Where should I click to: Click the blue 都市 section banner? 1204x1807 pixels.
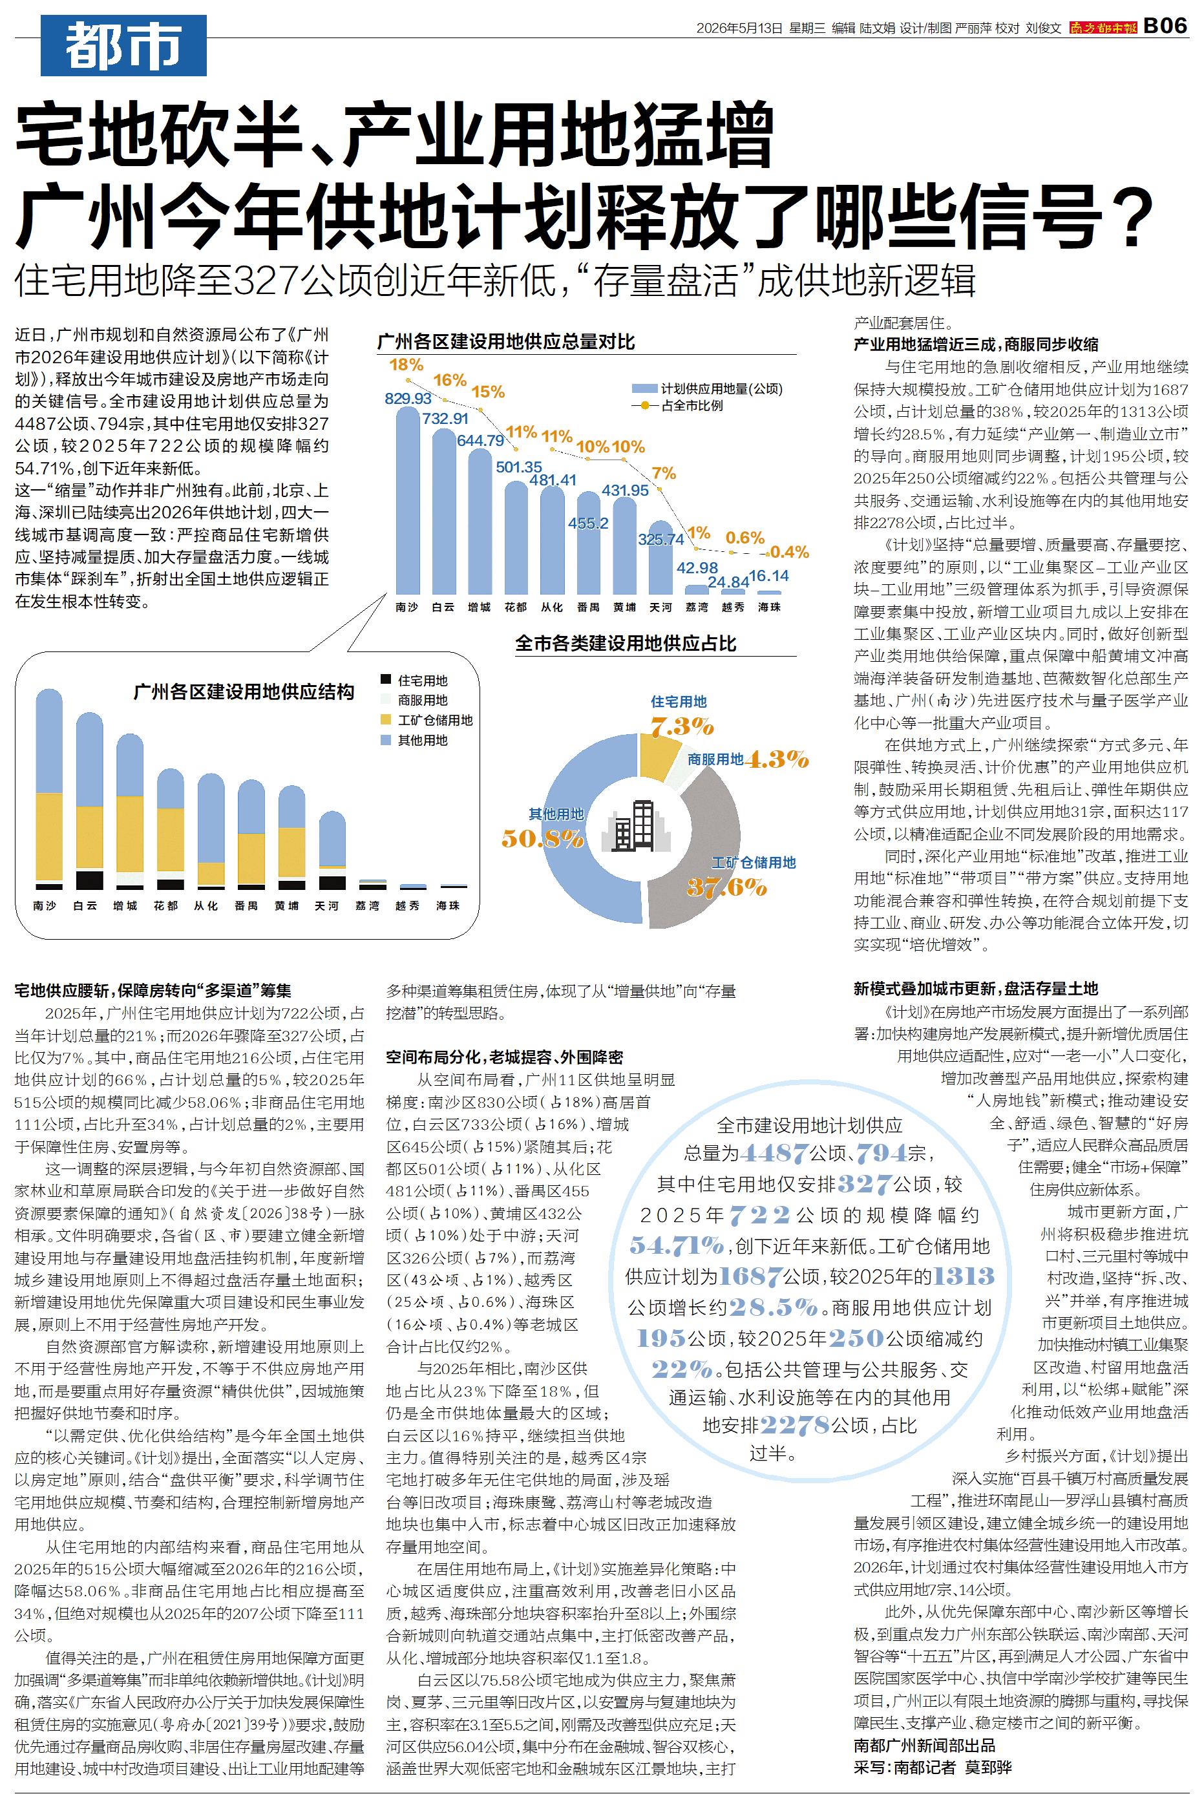(x=123, y=46)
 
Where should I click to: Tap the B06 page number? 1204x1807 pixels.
(x=1165, y=26)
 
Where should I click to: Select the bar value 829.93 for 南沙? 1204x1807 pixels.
(x=408, y=398)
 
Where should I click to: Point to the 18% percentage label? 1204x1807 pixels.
(x=407, y=364)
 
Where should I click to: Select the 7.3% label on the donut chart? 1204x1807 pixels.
(x=682, y=725)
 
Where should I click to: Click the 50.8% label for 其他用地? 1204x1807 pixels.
(x=543, y=838)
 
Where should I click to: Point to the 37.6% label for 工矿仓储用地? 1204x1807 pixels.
(x=726, y=887)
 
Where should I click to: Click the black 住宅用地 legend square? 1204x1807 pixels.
(x=386, y=680)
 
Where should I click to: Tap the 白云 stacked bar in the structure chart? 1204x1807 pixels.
(x=89, y=801)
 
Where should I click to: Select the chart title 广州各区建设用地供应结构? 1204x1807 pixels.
(x=244, y=692)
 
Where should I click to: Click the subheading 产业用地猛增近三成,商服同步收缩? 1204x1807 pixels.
(x=976, y=344)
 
